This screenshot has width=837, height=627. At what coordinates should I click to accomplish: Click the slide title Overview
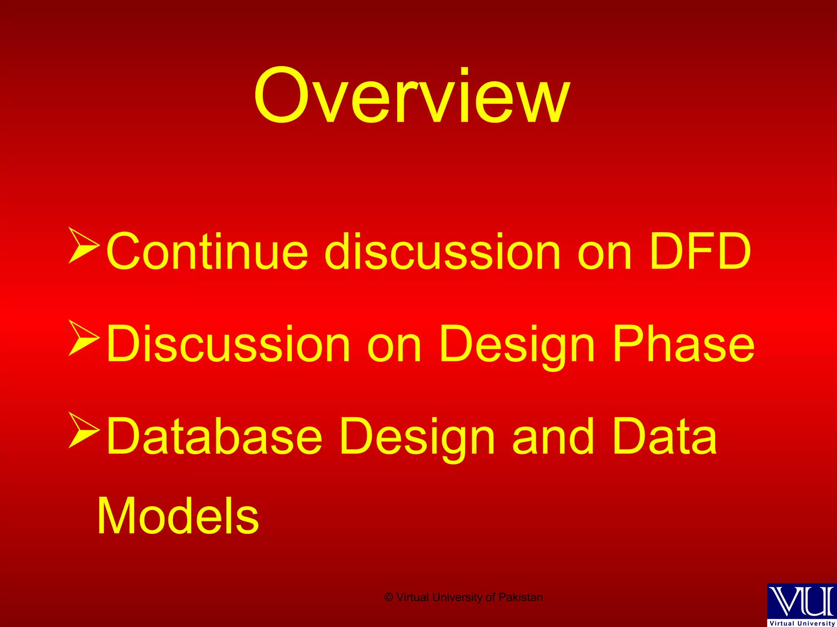coord(412,96)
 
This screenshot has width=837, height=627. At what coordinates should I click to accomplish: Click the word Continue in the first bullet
coord(206,251)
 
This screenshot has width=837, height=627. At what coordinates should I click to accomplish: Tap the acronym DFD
coord(700,251)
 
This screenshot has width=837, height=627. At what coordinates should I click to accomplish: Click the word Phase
coord(683,344)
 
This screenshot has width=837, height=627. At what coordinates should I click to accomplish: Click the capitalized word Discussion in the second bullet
coord(228,344)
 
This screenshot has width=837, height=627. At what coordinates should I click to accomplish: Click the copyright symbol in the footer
coord(389,598)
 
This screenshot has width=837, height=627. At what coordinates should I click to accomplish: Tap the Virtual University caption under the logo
coord(802,623)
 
